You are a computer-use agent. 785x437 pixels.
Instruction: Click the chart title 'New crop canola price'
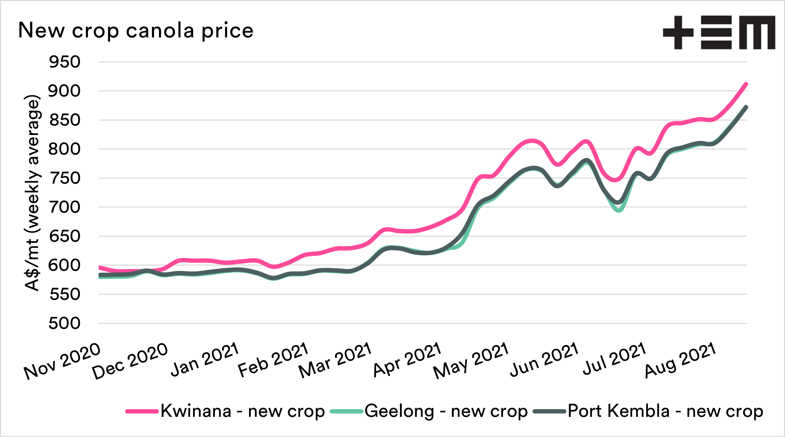(135, 31)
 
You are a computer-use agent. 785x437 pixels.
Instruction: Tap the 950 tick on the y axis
(64, 62)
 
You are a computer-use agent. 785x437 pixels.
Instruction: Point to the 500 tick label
(64, 324)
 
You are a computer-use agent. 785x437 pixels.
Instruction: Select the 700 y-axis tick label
(64, 207)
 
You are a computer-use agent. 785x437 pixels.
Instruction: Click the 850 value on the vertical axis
(64, 120)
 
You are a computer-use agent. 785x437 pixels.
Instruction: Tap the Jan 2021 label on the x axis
(205, 359)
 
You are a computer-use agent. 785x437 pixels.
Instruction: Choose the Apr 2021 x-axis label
(407, 359)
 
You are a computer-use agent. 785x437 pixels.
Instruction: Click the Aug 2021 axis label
(680, 360)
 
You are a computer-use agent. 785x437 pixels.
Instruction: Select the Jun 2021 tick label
(544, 359)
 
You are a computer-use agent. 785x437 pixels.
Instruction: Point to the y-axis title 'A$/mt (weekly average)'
(33, 193)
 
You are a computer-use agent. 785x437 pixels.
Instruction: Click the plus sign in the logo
(678, 33)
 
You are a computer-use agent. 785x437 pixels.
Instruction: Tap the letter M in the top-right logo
(757, 33)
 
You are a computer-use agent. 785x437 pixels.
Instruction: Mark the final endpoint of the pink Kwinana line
(746, 84)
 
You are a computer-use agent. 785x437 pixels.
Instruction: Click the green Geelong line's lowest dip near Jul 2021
(619, 210)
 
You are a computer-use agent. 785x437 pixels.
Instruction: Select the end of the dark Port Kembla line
(746, 107)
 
